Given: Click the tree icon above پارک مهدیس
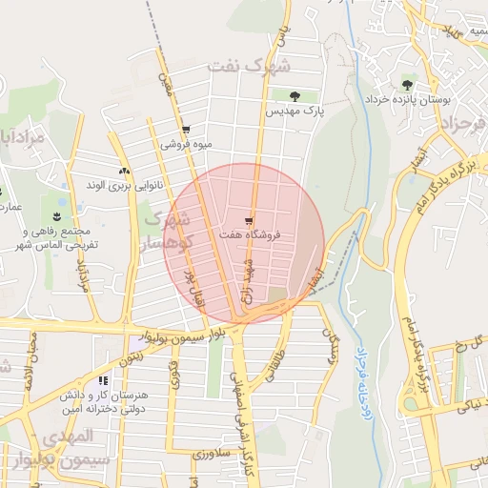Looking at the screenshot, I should [295, 96].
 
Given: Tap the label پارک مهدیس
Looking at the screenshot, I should [295, 112].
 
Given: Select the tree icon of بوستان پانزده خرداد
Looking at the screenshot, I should [408, 85].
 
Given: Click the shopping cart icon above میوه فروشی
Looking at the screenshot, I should [185, 130].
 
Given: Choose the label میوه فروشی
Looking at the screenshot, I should [185, 145].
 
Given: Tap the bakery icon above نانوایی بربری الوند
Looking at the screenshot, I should [123, 171].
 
